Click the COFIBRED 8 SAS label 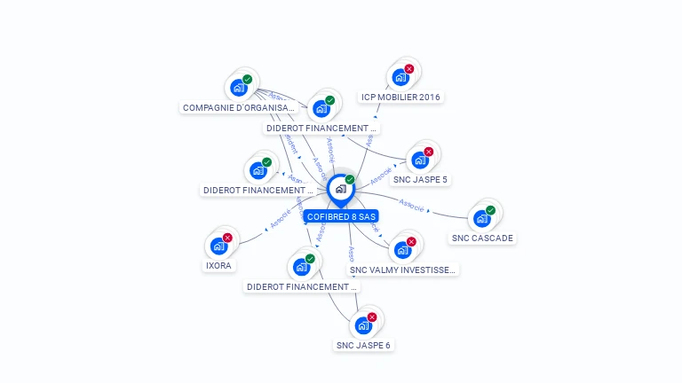point(341,216)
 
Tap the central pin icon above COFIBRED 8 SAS point(340,189)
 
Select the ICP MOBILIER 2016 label point(400,97)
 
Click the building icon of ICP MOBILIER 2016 point(400,77)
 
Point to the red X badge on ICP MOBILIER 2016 point(408,68)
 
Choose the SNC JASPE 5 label point(420,179)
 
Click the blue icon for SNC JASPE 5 point(419,160)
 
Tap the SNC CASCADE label point(482,238)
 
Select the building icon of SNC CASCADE point(481,218)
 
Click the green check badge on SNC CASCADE point(490,210)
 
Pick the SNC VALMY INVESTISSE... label point(403,270)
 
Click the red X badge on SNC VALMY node point(410,241)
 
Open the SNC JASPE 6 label point(363,345)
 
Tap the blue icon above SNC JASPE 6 point(362,325)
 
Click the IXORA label point(218,265)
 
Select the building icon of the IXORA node point(218,246)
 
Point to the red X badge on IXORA point(227,238)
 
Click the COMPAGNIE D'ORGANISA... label point(238,107)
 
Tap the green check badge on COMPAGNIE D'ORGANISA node point(247,79)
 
